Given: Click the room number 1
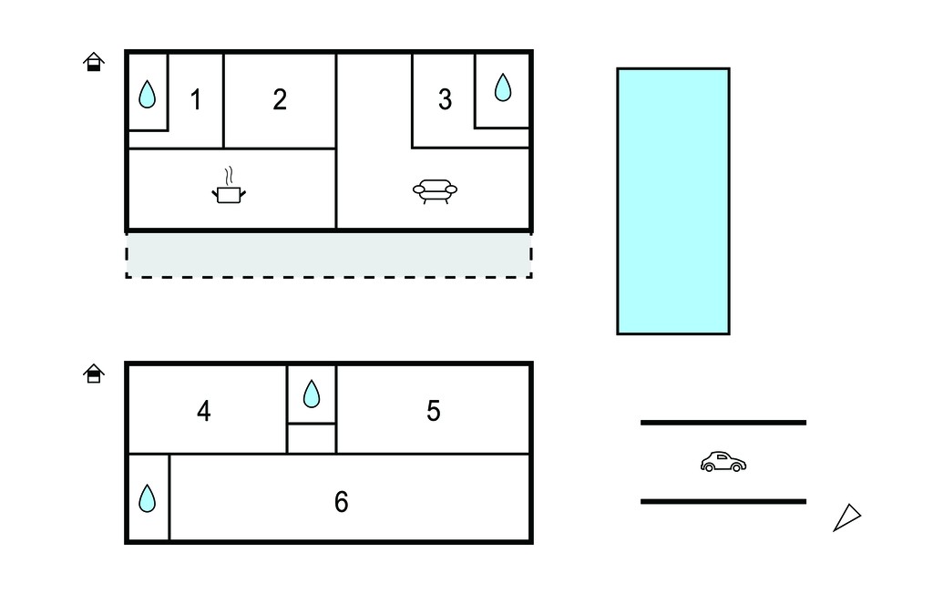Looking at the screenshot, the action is point(196,99).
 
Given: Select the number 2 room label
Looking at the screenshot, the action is point(280,99).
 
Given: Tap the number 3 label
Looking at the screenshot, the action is point(445,99).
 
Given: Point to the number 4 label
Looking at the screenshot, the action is point(204,411).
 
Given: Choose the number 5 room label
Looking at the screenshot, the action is point(434,411).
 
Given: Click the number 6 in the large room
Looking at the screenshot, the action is point(341,502).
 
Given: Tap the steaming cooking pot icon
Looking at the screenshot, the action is point(229,186).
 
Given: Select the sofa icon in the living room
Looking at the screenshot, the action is point(435,191).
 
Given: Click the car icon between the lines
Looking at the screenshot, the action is point(723,462).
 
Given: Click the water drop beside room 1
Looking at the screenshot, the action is point(147,94).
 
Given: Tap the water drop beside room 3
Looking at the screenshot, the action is point(503,87).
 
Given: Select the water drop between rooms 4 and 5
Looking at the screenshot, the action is point(312,394).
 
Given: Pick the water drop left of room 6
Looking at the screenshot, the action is point(147,498).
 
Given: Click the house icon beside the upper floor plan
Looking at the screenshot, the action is point(94,62).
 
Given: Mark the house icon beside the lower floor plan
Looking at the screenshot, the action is point(94,374).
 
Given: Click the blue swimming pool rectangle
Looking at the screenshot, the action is point(673,201).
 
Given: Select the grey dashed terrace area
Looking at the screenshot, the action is point(328,255).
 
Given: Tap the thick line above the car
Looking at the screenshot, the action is point(723,423).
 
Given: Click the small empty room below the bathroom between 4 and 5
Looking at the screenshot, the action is point(312,438).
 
